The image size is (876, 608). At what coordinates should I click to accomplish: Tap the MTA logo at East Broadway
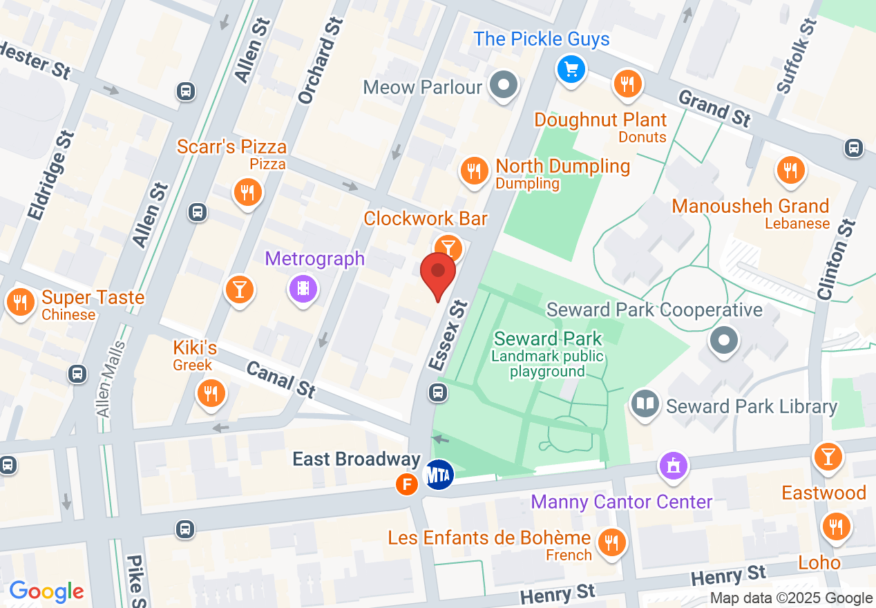[x=438, y=475]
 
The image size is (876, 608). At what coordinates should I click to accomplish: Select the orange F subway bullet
[x=408, y=484]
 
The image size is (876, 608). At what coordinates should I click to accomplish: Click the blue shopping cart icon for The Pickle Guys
[x=571, y=69]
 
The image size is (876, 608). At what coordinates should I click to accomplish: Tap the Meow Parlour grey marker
[x=504, y=86]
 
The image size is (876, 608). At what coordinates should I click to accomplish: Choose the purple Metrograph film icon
[x=303, y=287]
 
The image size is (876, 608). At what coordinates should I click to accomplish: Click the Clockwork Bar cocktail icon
[x=448, y=246]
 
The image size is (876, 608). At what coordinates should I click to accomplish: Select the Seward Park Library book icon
[x=645, y=405]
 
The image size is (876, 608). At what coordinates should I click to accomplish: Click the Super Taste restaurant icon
[x=21, y=302]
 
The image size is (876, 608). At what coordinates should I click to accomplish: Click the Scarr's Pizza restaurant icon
[x=247, y=192]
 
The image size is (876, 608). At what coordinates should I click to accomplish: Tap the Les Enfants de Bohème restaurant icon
[x=611, y=541]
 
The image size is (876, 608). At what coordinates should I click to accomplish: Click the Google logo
[x=46, y=591]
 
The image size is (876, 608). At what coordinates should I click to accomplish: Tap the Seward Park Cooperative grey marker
[x=724, y=340]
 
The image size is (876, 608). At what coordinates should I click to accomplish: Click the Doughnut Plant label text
[x=600, y=120]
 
